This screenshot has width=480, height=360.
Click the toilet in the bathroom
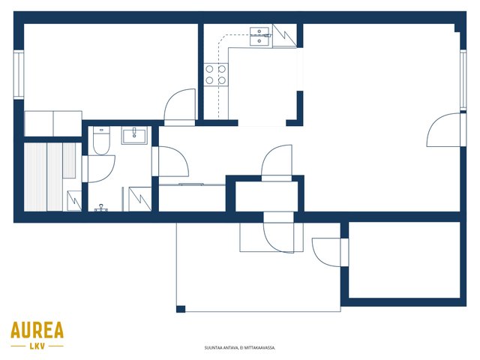click(x=101, y=141)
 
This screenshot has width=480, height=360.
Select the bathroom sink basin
click(x=134, y=135)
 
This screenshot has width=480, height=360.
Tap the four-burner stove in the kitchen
click(x=216, y=74)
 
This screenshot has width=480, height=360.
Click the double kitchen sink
click(x=260, y=36)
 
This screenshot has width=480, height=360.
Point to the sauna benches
click(x=49, y=177)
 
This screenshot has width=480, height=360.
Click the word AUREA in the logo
click(x=37, y=330)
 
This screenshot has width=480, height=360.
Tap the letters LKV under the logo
click(x=37, y=346)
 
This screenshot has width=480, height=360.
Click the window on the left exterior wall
click(x=19, y=75)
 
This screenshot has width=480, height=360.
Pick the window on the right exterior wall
click(x=463, y=79)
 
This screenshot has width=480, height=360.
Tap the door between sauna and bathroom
click(x=98, y=169)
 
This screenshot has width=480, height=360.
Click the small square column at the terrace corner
click(x=181, y=309)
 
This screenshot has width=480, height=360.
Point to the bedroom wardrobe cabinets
click(x=53, y=124)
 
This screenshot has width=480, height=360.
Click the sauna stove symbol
click(x=74, y=201)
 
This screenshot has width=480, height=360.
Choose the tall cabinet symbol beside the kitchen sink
click(x=284, y=36)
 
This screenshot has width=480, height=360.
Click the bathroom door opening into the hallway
click(x=170, y=161)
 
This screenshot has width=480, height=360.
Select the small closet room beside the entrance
click(x=266, y=196)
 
